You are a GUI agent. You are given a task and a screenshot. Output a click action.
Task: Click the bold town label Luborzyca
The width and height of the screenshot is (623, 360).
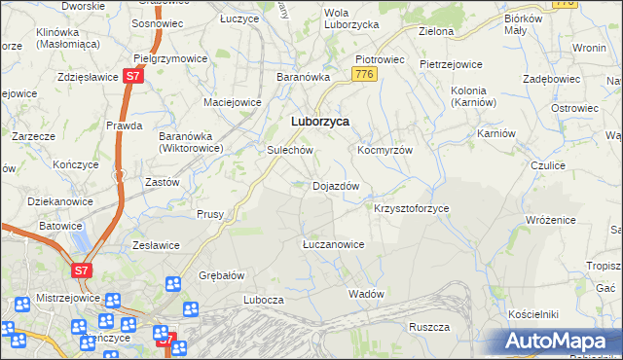pos(320,122)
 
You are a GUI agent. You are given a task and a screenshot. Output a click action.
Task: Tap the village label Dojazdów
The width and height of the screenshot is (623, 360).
pos(336,186)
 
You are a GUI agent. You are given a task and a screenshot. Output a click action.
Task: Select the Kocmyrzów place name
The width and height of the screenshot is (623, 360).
pos(385,151)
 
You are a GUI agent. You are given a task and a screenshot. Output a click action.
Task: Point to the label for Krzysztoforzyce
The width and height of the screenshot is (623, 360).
pos(411,209)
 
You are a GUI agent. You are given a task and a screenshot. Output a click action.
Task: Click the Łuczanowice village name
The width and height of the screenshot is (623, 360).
pos(333,244)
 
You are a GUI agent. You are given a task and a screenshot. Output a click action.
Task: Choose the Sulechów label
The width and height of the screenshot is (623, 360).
pos(289,151)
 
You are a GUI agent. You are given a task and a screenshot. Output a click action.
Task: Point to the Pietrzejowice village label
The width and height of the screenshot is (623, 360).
pos(451,64)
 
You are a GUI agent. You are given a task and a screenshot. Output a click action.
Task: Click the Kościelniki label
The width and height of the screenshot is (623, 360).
pos(532,314)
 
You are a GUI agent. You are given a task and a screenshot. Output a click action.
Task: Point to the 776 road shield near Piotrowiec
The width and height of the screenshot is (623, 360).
pos(365,75)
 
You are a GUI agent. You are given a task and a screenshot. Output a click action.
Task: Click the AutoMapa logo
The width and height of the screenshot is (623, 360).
pos(558,342)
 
